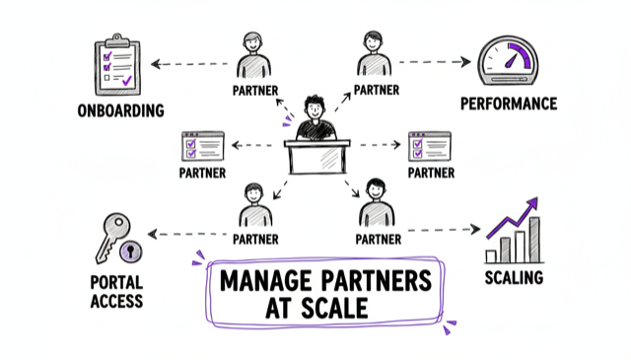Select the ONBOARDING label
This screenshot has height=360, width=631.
[x=120, y=110]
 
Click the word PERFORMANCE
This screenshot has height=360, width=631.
[x=508, y=104]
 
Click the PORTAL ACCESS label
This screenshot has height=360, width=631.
[x=116, y=292]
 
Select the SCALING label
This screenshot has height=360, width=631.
[x=514, y=277]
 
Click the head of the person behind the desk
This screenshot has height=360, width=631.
[x=315, y=106]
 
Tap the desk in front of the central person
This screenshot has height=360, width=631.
[x=315, y=158]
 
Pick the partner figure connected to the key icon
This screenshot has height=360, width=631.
[x=253, y=205]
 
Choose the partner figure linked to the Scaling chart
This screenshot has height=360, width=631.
[x=377, y=204]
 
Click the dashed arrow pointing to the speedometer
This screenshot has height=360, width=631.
[x=434, y=61]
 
